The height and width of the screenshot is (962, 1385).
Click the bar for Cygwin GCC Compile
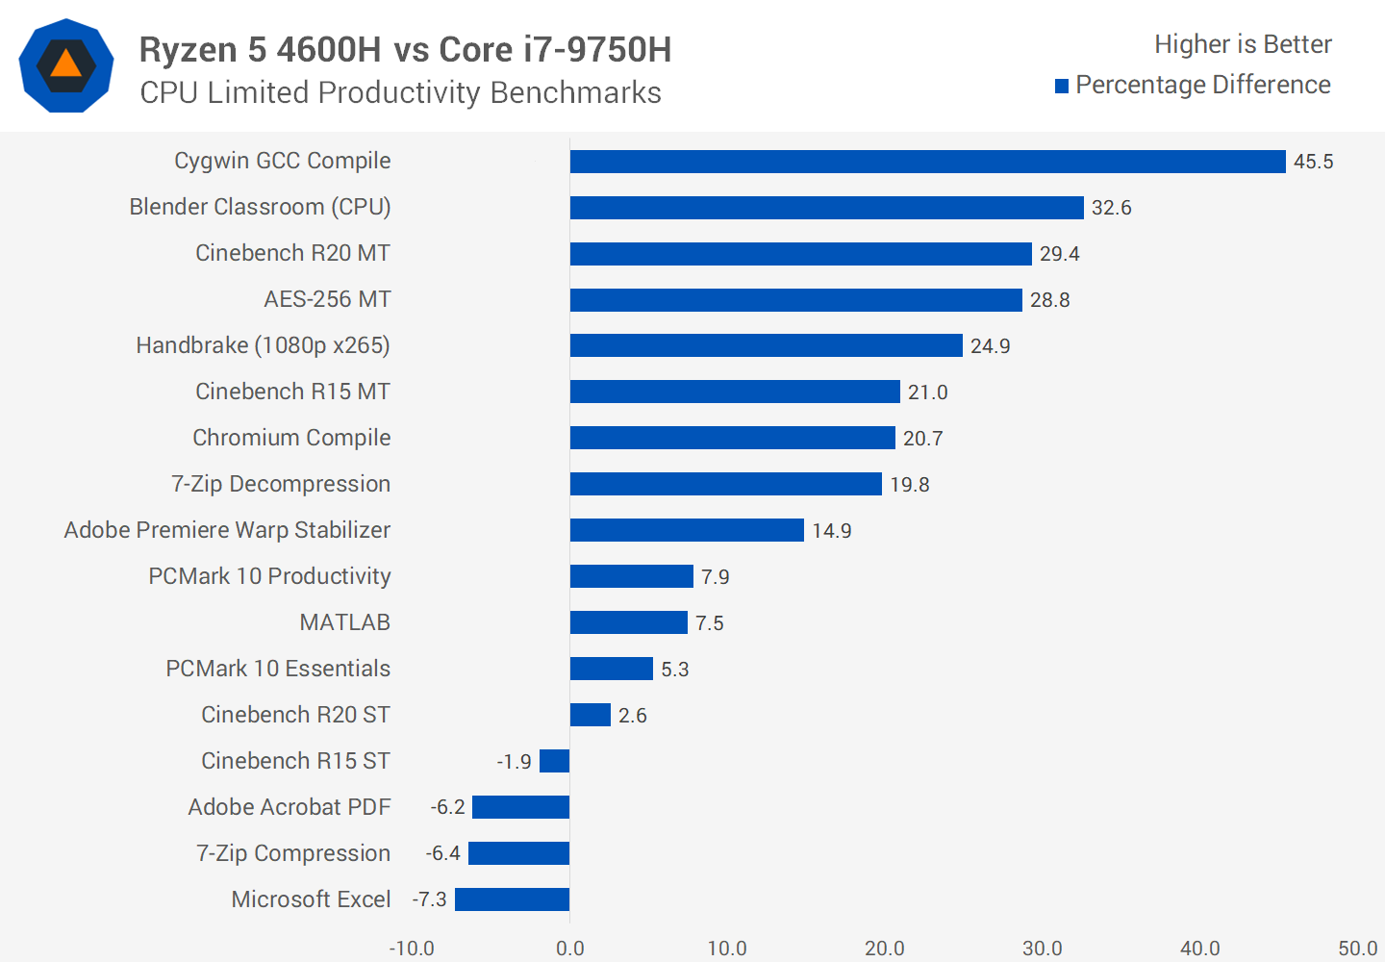tap(927, 162)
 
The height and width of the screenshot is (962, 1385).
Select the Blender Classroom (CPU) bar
tap(826, 208)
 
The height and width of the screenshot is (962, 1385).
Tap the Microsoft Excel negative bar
tap(512, 899)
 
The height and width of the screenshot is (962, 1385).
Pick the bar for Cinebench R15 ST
tap(555, 761)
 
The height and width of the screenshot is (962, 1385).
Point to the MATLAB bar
tap(628, 622)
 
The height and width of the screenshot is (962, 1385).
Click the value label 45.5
tap(1313, 162)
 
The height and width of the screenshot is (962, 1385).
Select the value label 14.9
tap(831, 531)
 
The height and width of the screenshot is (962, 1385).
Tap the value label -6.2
tap(448, 807)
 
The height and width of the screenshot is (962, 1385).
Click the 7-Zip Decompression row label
tap(281, 484)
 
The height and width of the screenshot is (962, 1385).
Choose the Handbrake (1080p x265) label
tap(263, 345)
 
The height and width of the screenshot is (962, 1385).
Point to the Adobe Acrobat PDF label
tap(289, 807)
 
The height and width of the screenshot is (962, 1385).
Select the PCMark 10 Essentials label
tap(278, 669)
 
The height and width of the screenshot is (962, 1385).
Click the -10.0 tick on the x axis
tap(412, 949)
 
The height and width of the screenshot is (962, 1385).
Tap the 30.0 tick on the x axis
tap(1042, 949)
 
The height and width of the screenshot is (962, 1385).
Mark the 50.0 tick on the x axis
tap(1357, 949)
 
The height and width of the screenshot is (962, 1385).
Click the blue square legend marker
tap(1062, 87)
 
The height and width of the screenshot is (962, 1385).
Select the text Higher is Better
tap(1243, 44)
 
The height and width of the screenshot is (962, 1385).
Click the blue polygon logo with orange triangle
tap(66, 65)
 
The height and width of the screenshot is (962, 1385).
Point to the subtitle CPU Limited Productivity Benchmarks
tap(400, 92)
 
